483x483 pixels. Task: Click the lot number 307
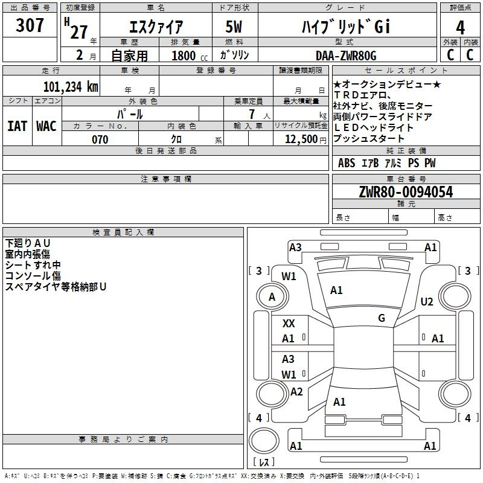click(30, 25)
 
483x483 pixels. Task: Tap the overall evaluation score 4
click(460, 28)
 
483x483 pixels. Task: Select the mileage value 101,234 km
click(70, 86)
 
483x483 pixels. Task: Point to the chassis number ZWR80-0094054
click(405, 192)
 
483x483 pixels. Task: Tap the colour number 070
click(100, 139)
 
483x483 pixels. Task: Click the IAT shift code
click(17, 126)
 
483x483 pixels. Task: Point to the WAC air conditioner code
click(46, 126)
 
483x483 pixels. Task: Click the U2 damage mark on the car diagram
click(427, 302)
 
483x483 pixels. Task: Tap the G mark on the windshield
click(382, 318)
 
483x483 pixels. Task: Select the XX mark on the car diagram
click(289, 324)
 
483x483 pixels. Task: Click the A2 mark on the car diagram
click(296, 392)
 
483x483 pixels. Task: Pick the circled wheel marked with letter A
click(272, 297)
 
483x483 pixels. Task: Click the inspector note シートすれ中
click(33, 265)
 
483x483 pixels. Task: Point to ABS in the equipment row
click(347, 163)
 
